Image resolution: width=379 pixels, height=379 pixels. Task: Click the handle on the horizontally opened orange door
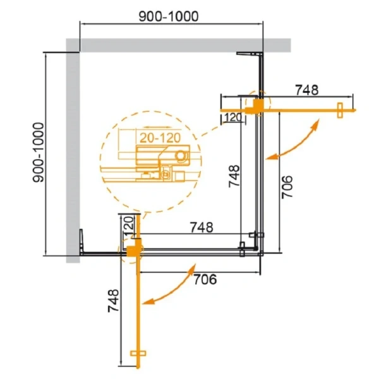[x=340, y=110]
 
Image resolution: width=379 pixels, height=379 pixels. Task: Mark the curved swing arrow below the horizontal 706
[x=169, y=289]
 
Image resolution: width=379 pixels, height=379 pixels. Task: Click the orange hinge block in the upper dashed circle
[x=255, y=106]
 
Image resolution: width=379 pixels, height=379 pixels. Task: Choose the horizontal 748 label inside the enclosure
[x=200, y=226]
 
